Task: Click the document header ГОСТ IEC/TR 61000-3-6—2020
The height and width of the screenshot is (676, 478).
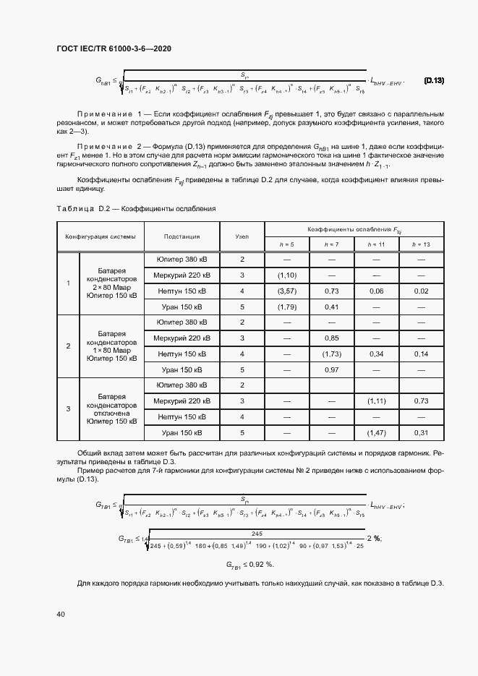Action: click(114, 48)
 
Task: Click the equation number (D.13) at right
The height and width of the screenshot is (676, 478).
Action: click(434, 81)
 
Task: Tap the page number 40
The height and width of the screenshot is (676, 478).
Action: click(61, 614)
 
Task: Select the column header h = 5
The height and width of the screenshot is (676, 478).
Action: click(286, 244)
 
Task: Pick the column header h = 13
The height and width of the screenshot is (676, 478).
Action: click(420, 244)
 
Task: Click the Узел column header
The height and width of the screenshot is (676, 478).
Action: click(242, 236)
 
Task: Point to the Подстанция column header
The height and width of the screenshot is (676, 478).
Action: click(182, 236)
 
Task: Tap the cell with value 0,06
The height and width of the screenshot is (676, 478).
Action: click(376, 291)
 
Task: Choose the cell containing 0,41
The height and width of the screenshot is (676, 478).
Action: click(331, 307)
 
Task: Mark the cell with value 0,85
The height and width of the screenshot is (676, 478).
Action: click(331, 338)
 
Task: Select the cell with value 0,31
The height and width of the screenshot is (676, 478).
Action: click(420, 432)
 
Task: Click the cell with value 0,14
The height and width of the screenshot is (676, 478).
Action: click(420, 354)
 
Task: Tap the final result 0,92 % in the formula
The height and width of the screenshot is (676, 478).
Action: click(250, 564)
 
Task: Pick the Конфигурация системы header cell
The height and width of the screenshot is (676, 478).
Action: click(100, 236)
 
